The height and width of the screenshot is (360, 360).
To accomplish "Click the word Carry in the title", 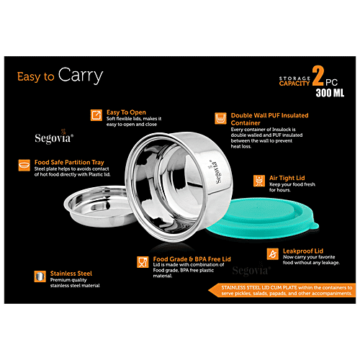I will [x=80, y=75].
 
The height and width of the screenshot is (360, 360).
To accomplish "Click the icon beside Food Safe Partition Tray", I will [x=26, y=165].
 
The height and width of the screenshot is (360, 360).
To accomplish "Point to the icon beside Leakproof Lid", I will [x=272, y=253].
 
